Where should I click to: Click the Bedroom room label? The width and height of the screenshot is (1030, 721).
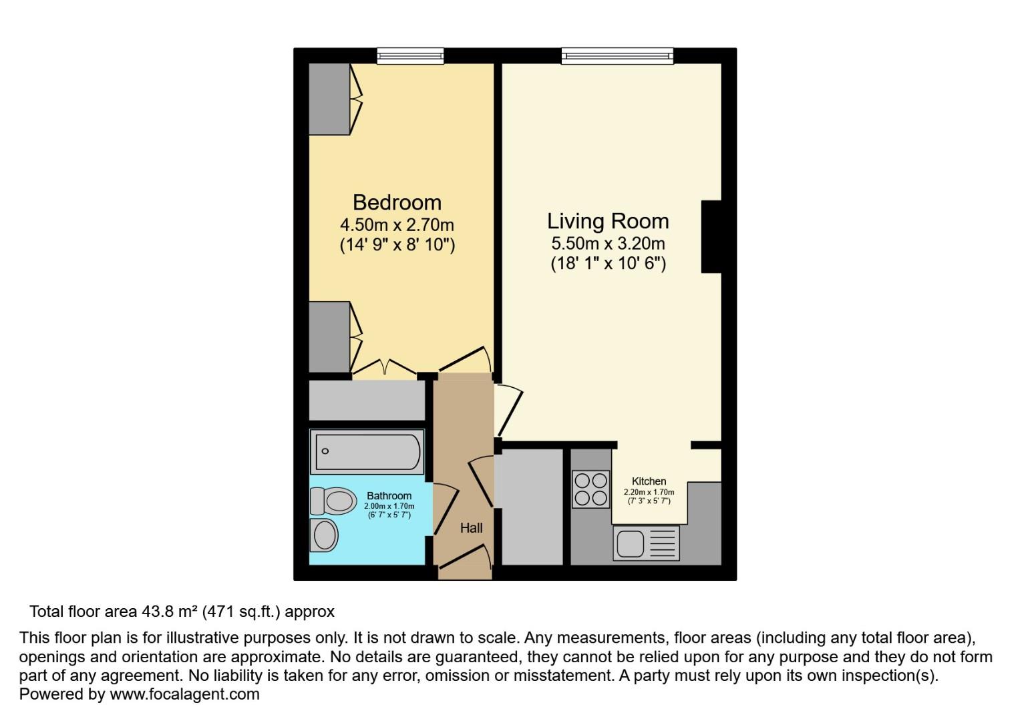click(x=397, y=202)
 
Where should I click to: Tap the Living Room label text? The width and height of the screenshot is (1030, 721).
click(x=607, y=221)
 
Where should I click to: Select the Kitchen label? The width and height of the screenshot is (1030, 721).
click(x=649, y=481)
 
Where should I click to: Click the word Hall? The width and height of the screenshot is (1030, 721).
click(x=471, y=528)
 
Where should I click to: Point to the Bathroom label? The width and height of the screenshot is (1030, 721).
click(x=389, y=496)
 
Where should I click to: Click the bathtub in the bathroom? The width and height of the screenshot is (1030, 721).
click(x=367, y=452)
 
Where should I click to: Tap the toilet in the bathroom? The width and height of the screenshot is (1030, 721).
click(x=333, y=501)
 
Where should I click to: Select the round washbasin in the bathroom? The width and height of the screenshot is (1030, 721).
click(x=325, y=535)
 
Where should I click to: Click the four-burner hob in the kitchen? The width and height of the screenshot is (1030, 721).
click(x=591, y=489)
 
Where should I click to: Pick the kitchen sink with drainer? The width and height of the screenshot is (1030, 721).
click(x=646, y=543)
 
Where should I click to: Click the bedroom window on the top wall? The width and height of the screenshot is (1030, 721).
click(x=410, y=56)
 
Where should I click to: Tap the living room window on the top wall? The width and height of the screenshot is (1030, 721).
click(x=617, y=56)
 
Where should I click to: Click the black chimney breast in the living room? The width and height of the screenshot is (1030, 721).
click(x=711, y=236)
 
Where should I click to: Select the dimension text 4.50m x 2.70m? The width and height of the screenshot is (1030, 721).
click(x=397, y=225)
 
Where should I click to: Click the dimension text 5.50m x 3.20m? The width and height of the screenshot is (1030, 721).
click(x=607, y=244)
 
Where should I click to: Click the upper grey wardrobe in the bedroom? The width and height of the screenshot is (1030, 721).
click(x=329, y=99)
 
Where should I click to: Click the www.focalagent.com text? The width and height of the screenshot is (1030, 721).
click(x=184, y=694)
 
